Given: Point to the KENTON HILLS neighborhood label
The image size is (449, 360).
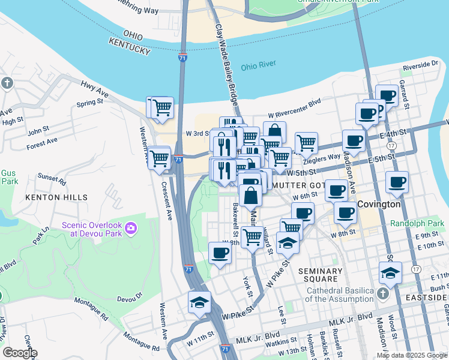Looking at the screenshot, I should tap(56, 197).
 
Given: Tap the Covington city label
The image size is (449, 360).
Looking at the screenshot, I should tap(379, 204).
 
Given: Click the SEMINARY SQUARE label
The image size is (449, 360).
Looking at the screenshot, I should tap(320, 275).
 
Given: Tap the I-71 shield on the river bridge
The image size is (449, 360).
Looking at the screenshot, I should tap(182, 58).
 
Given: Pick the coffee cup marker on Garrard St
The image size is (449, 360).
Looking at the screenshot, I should tap(387, 96).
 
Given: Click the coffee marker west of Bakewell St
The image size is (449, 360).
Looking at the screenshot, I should tap(220, 253).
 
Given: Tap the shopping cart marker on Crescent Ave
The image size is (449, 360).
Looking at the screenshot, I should tap(159, 159).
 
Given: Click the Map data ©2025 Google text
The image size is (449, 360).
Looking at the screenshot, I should tap(411, 355).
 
